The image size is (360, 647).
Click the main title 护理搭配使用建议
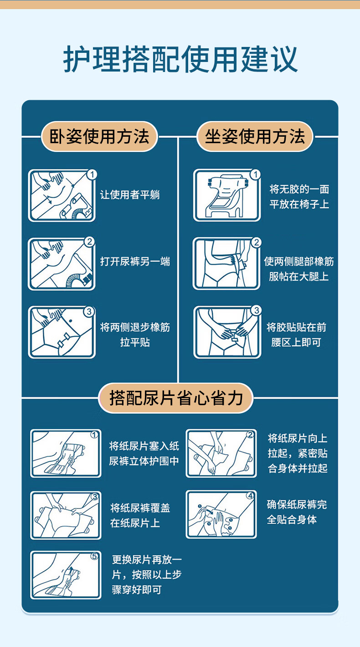[180, 59]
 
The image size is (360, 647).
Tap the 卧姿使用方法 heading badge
[99, 137]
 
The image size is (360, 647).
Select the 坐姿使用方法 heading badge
[255, 137]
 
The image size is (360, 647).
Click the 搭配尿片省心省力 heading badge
[175, 398]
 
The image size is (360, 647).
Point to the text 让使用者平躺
[130, 195]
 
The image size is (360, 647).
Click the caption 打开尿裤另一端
[135, 262]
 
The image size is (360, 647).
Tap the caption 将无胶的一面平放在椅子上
[299, 197]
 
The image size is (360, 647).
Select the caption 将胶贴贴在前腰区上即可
[297, 335]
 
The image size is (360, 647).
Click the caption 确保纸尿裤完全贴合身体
[297, 512]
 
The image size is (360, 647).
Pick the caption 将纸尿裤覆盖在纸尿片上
[140, 516]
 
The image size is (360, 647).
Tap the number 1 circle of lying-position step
[92, 175]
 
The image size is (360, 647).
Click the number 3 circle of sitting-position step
[256, 310]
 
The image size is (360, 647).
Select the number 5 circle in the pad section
[94, 556]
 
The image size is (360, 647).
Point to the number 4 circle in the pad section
[250, 496]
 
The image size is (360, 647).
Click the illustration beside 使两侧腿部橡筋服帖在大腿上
[226, 264]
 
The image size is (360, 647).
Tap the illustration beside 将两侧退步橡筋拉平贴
[62, 333]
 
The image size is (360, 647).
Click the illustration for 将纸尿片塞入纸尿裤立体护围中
[66, 453]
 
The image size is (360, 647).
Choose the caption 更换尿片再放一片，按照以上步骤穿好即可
[147, 575]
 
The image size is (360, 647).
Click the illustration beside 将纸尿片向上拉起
[221, 453]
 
